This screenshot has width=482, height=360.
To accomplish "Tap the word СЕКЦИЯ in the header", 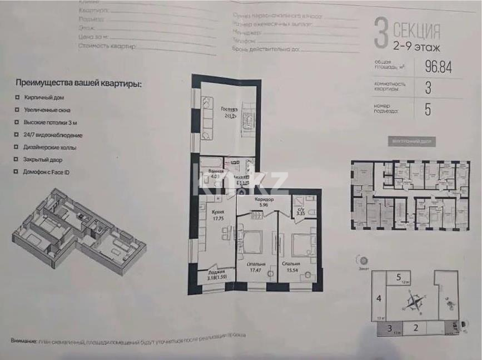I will [416, 29].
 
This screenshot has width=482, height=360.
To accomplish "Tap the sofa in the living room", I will [206, 117].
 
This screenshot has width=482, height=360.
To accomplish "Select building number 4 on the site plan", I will [379, 299].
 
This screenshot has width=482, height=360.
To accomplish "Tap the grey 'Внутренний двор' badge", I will [412, 141].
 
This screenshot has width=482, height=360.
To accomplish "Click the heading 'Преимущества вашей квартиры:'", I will [78, 83].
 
